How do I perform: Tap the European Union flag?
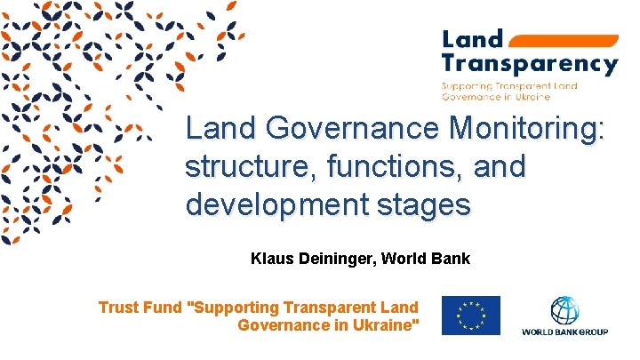tap(470, 316)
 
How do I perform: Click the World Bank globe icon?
tap(564, 310)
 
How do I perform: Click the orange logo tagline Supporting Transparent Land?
tap(510, 85)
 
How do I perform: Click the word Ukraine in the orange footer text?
tap(387, 325)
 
